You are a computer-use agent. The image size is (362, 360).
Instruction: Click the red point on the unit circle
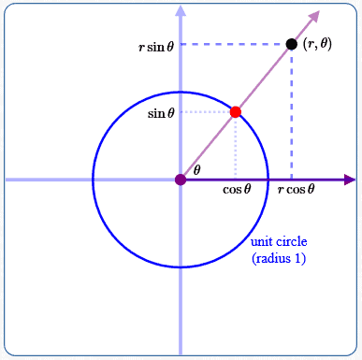pos(236,112)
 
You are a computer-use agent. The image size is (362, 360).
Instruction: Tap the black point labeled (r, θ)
pos(292,44)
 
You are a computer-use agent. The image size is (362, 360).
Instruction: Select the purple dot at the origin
pos(181,180)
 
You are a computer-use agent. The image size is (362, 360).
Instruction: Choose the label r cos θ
pos(296,189)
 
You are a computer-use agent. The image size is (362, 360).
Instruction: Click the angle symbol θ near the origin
pos(196,170)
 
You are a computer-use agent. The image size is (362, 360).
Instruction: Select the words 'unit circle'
pos(278,242)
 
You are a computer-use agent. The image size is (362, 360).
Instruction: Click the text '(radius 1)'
pos(279,257)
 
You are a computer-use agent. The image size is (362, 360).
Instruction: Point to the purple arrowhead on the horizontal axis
pos(350,180)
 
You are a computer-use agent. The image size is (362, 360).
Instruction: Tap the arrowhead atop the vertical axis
pos(181,11)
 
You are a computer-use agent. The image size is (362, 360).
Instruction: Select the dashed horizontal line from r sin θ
pos(234,44)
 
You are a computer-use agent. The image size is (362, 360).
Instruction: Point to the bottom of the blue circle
pos(181,267)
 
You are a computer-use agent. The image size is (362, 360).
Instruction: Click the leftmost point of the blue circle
pos(93,180)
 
